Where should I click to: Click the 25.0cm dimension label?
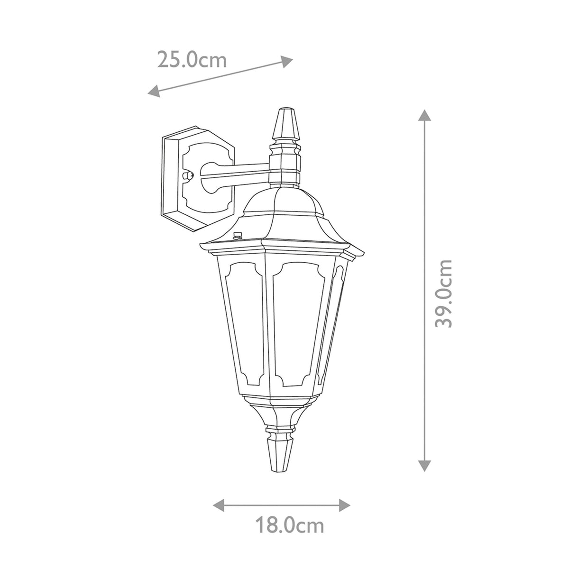click(192, 60)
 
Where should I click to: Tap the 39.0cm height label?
click(444, 293)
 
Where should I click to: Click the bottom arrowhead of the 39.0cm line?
click(424, 466)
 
